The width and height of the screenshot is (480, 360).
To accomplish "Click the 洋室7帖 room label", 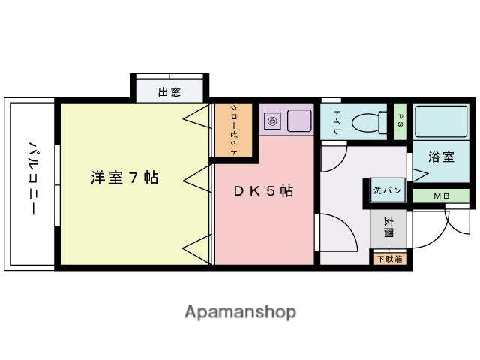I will pyautogui.click(x=124, y=178).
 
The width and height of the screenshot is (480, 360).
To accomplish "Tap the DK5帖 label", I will pyautogui.click(x=262, y=191).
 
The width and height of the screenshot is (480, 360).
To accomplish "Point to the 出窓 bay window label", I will pyautogui.click(x=169, y=93).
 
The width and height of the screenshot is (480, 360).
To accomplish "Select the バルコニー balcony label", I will pyautogui.click(x=32, y=177).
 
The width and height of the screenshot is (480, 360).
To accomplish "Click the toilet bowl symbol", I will pyautogui.click(x=367, y=120).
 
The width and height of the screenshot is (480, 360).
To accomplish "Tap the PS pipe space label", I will pyautogui.click(x=400, y=121).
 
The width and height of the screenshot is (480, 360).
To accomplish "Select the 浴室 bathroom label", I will pyautogui.click(x=441, y=157).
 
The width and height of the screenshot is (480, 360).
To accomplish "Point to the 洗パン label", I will pyautogui.click(x=387, y=191).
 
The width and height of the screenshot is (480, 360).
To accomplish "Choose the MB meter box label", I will pyautogui.click(x=441, y=196).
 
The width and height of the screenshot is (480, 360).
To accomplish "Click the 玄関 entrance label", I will pyautogui.click(x=389, y=227).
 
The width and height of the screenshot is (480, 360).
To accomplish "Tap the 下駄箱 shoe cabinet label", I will pyautogui.click(x=389, y=259).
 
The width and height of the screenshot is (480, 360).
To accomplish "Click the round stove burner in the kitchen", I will pyautogui.click(x=273, y=120).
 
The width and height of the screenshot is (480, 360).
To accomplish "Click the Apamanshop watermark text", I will pyautogui.click(x=240, y=311).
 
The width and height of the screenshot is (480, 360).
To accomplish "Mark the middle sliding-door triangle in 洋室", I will pyautogui.click(x=195, y=179).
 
